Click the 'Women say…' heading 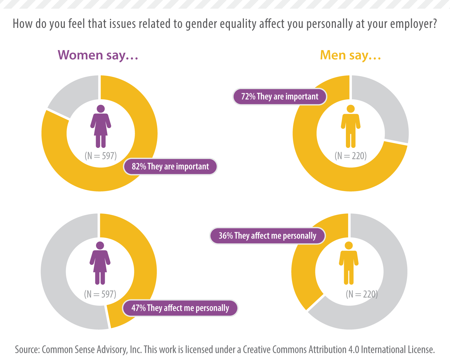click(x=98, y=55)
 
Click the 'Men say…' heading click(x=350, y=55)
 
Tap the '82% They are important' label click(x=170, y=166)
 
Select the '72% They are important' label click(x=280, y=97)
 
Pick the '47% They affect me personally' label click(x=180, y=308)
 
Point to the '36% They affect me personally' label click(x=267, y=236)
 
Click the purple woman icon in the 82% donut click(x=101, y=126)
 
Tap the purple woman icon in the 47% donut click(x=100, y=263)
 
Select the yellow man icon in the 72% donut click(x=350, y=126)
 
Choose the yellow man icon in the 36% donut click(x=349, y=263)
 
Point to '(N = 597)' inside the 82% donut click(x=100, y=156)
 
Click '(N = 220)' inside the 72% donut click(x=350, y=156)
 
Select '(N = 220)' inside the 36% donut click(x=361, y=294)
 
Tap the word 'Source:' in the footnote click(x=27, y=349)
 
